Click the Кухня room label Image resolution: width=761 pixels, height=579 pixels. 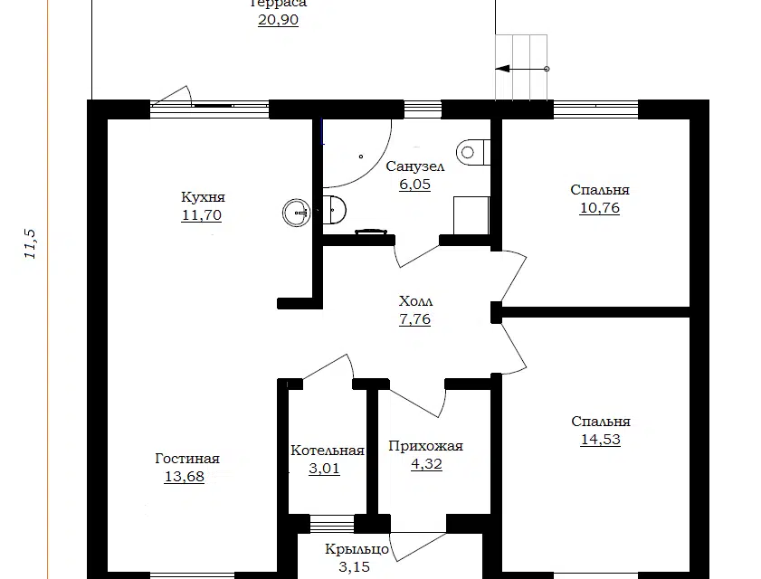[x=203, y=197]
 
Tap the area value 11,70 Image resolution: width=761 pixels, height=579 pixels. [x=202, y=215]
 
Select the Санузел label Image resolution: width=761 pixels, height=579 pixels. [x=415, y=167]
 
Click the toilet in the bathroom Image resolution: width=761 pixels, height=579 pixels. [x=472, y=152]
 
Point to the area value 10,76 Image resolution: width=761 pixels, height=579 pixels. [x=599, y=208]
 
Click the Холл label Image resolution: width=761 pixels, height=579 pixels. [x=415, y=301]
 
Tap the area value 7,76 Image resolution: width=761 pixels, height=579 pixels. [x=414, y=319]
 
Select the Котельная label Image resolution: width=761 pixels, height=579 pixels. [x=328, y=451]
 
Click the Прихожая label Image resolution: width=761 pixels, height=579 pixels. [x=425, y=446]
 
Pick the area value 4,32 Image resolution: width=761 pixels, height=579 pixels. [x=426, y=464]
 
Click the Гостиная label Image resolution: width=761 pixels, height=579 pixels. [x=187, y=459]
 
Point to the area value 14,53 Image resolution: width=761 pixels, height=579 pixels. [x=600, y=439]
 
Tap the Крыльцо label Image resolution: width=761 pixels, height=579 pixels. [x=357, y=549]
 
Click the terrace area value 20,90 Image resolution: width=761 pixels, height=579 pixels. [x=278, y=20]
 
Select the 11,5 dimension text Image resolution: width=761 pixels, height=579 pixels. [x=30, y=243]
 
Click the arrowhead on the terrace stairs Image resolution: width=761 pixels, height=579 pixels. [x=502, y=69]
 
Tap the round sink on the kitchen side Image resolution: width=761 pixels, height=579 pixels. [x=297, y=213]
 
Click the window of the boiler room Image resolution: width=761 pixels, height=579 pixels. [x=332, y=524]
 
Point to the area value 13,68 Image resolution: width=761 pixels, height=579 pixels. [x=185, y=477]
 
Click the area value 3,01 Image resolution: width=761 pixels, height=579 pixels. [x=324, y=469]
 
